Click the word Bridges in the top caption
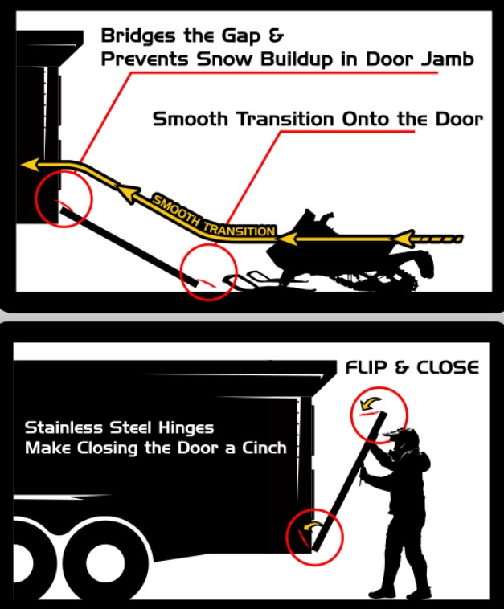133,35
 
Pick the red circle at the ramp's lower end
209,271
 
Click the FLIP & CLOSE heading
412,367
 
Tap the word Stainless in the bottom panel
63,427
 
